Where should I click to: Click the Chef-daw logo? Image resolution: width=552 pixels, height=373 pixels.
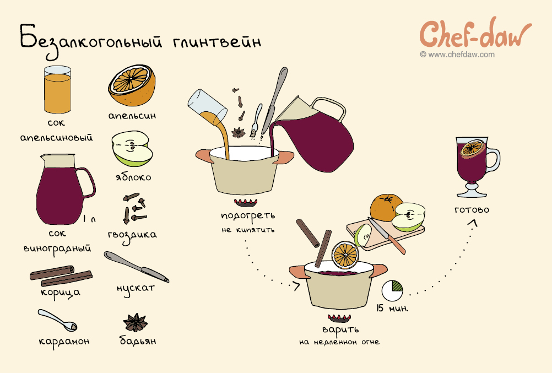point(475,34)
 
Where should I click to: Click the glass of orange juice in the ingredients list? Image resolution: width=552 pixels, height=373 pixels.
point(57,89)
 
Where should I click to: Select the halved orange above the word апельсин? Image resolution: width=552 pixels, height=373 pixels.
point(132,85)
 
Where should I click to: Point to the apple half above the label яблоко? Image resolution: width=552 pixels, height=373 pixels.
point(132,149)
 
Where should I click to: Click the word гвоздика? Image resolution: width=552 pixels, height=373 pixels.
point(132,235)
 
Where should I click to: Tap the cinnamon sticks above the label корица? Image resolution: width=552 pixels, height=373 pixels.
point(61,276)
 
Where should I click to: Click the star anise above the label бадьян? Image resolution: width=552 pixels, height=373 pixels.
point(135,322)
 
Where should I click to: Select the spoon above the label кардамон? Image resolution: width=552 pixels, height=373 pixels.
point(57,320)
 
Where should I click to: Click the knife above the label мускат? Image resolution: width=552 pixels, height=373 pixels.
point(136,267)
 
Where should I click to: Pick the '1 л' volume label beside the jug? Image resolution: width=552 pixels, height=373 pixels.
point(89,219)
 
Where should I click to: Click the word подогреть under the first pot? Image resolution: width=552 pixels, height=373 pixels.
point(248,216)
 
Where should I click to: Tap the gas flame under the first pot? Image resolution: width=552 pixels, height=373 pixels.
point(246,203)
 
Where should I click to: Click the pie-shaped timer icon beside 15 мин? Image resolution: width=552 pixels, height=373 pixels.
point(392,290)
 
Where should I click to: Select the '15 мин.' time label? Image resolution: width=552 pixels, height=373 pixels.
point(392,308)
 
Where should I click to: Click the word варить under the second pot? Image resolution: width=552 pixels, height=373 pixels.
point(340,329)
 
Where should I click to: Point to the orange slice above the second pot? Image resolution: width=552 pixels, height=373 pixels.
point(345,255)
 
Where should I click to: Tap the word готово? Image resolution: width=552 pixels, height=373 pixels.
point(472,210)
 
